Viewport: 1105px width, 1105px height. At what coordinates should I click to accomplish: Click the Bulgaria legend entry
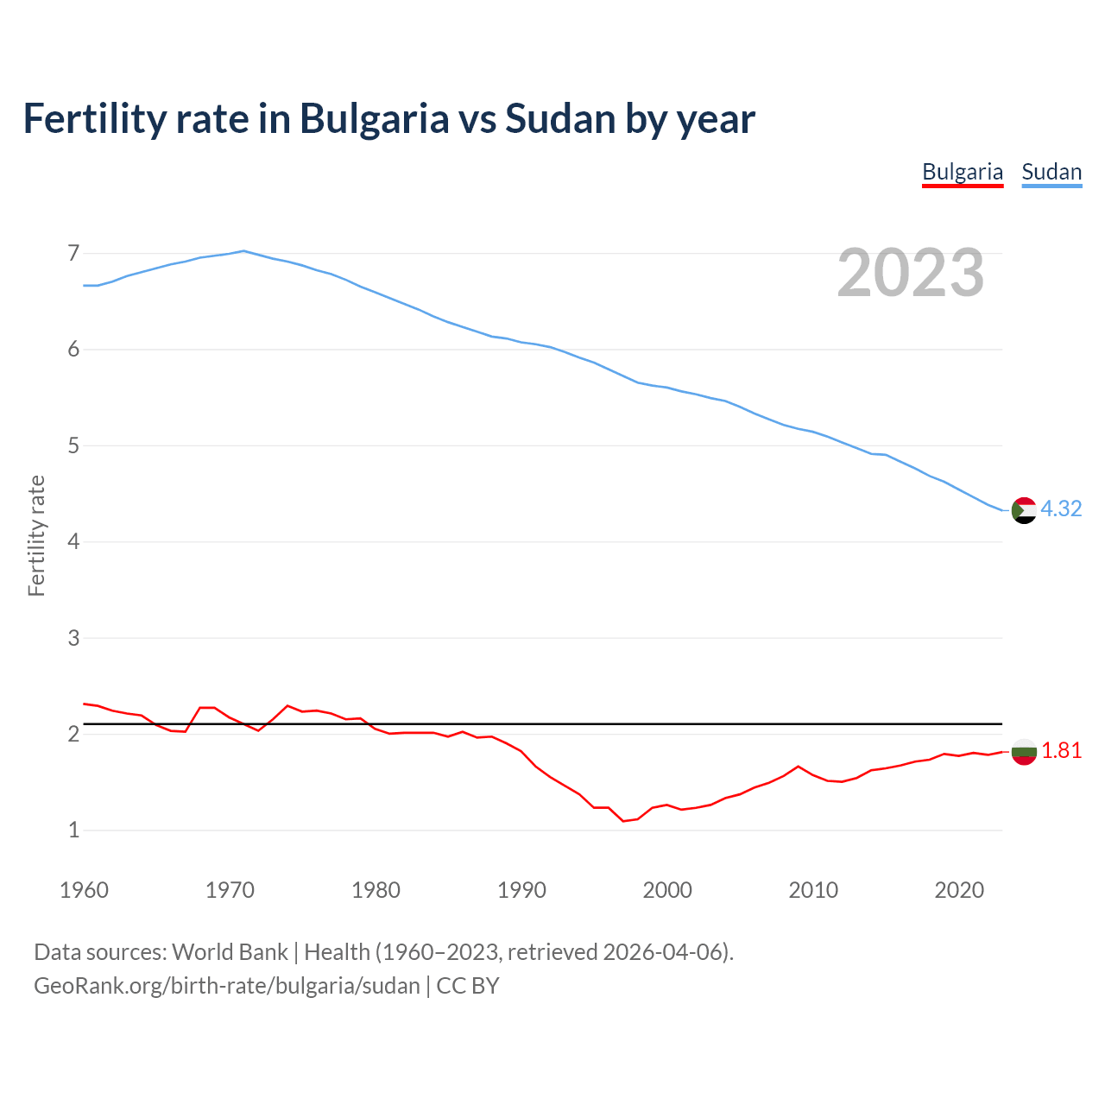pos(963,172)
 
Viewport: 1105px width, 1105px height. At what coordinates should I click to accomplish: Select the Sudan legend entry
pos(1051,172)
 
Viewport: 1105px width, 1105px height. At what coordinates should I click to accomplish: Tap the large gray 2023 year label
pos(911,273)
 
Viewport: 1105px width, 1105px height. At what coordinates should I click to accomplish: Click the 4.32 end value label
pos(1061,508)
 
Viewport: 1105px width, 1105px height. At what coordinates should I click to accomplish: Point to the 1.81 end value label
pos(1061,751)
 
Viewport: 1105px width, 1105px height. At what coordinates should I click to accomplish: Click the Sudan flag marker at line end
pos(1024,510)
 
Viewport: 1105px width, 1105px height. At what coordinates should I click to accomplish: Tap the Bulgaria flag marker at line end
pos(1024,751)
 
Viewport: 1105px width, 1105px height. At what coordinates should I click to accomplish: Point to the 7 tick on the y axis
pos(73,253)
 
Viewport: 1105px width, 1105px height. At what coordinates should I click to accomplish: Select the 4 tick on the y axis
pos(73,542)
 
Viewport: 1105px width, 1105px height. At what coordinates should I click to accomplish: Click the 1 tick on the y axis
pos(73,830)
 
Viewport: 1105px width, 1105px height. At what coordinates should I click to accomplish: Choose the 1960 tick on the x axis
pos(84,890)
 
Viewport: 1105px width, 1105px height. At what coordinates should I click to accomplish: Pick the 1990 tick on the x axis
pos(521,890)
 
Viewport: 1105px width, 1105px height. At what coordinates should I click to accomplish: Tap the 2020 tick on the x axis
pos(959,890)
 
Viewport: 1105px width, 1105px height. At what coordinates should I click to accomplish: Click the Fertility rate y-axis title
pos(36,535)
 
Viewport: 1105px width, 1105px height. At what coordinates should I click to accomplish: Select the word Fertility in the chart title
pos(93,119)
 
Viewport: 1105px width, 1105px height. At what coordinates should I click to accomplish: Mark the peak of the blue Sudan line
pos(243,251)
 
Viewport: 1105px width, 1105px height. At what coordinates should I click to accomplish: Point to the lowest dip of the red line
pos(623,821)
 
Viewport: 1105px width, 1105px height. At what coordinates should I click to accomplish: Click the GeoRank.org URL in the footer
pos(227,986)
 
